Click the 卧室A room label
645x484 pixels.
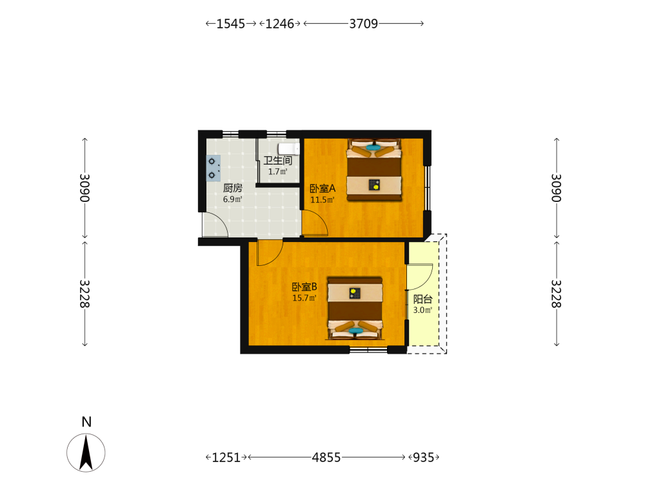pyautogui.click(x=322, y=188)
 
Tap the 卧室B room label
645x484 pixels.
pyautogui.click(x=304, y=287)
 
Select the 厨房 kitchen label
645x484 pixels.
pyautogui.click(x=232, y=188)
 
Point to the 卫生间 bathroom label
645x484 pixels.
pyautogui.click(x=277, y=161)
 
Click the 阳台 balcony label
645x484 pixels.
pyautogui.click(x=423, y=299)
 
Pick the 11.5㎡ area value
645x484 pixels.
pyautogui.click(x=322, y=200)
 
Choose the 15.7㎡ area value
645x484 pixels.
pyautogui.click(x=304, y=298)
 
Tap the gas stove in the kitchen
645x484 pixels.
pyautogui.click(x=213, y=168)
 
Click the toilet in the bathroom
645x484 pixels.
pyautogui.click(x=288, y=148)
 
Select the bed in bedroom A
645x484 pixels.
pyautogui.click(x=374, y=170)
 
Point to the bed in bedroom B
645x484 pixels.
pyautogui.click(x=355, y=308)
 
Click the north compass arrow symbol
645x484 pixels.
pyautogui.click(x=86, y=453)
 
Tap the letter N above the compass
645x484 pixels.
pyautogui.click(x=86, y=422)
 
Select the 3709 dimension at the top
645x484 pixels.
pyautogui.click(x=364, y=23)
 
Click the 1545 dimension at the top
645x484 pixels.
pyautogui.click(x=231, y=23)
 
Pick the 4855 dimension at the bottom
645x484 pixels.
pyautogui.click(x=326, y=458)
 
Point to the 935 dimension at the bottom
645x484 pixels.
pyautogui.click(x=423, y=458)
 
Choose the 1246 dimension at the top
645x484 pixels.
pyautogui.click(x=280, y=23)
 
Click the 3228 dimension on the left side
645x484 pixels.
pyautogui.click(x=84, y=294)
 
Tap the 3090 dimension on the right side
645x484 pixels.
pyautogui.click(x=556, y=188)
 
